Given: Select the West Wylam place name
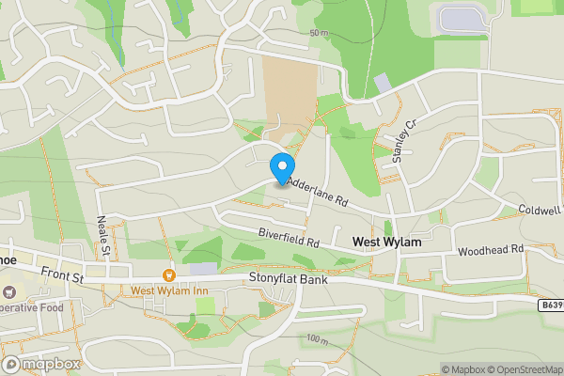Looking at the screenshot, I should pos(386,243).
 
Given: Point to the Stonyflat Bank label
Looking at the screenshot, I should pos(291,278).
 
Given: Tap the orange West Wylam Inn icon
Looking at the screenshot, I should pos(169,275).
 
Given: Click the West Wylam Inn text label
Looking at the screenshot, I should pos(169,290).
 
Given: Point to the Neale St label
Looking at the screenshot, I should pos(103,235).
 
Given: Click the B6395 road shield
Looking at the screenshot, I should pos(552,305).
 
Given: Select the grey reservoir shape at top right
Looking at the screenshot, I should pos(461,19).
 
